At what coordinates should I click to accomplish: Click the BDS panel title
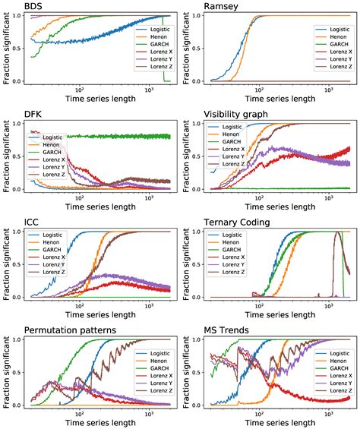pyautogui.click(x=33, y=7)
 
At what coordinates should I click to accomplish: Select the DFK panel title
pyautogui.click(x=33, y=115)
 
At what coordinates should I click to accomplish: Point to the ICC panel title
pyautogui.click(x=33, y=222)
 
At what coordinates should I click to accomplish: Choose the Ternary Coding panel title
pyautogui.click(x=243, y=222)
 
